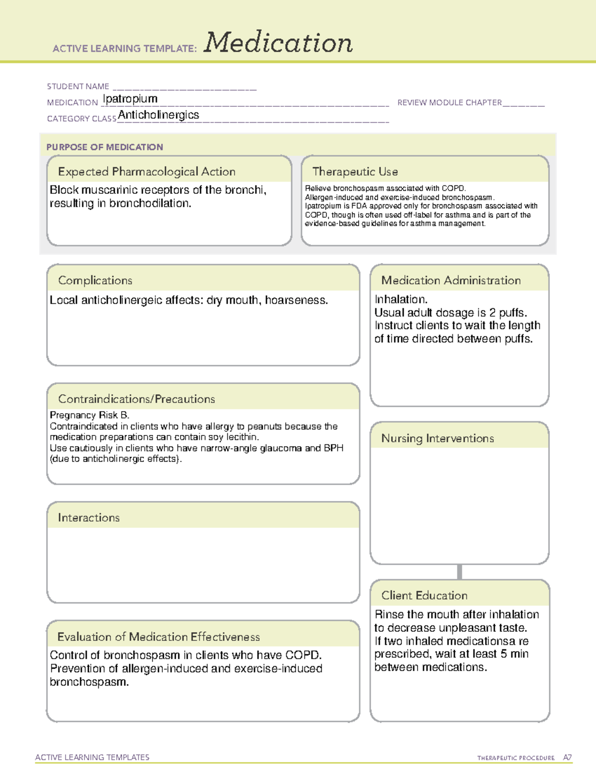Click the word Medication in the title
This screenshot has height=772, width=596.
[x=278, y=43]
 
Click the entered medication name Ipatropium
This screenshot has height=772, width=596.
[x=130, y=99]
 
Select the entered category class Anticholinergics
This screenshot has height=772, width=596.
[x=158, y=115]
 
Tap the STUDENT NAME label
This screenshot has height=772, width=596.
[x=78, y=86]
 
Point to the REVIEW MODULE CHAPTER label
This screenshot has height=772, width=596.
[x=449, y=102]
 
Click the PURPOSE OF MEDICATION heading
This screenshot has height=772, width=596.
[x=105, y=147]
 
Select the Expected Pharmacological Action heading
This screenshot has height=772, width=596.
[x=147, y=172]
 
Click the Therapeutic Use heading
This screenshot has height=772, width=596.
[x=355, y=172]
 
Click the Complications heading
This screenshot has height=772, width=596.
[x=95, y=280]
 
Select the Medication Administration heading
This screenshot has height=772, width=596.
[x=451, y=280]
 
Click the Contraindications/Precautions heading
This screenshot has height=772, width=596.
[x=137, y=399]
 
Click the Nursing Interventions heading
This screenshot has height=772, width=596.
[x=438, y=438]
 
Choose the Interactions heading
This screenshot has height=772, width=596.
[x=89, y=518]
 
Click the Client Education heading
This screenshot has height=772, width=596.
[x=425, y=596]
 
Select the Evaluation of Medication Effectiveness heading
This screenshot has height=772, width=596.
[x=158, y=637]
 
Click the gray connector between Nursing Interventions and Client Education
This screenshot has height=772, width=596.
[x=459, y=572]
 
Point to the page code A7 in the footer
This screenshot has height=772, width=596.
[x=567, y=758]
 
